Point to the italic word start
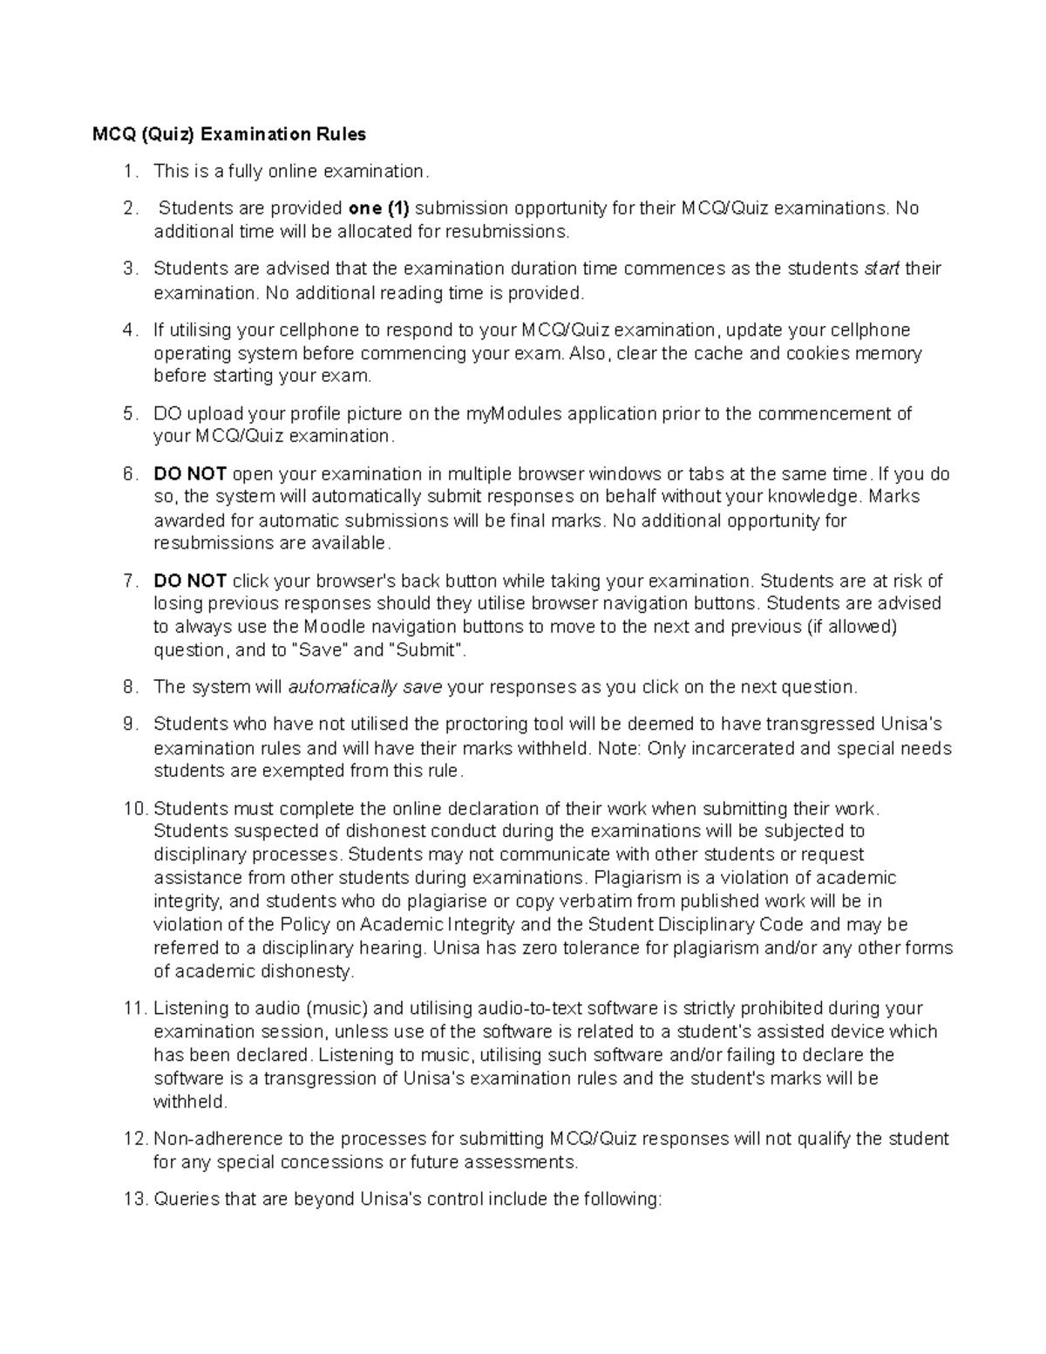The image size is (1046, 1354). point(880,269)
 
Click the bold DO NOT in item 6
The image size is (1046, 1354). point(190,474)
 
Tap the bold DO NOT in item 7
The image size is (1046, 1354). point(190,581)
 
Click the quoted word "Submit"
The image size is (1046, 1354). point(428,650)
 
